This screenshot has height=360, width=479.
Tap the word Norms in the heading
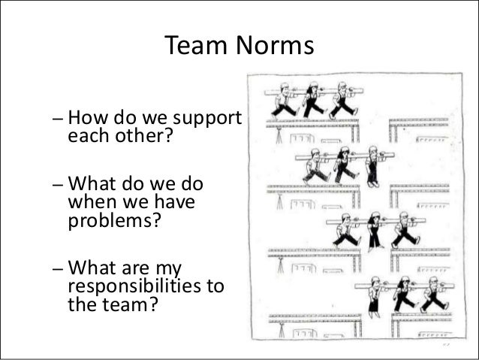pyautogui.click(x=276, y=47)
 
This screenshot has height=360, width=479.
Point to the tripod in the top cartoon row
pyautogui.click(x=279, y=135)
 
